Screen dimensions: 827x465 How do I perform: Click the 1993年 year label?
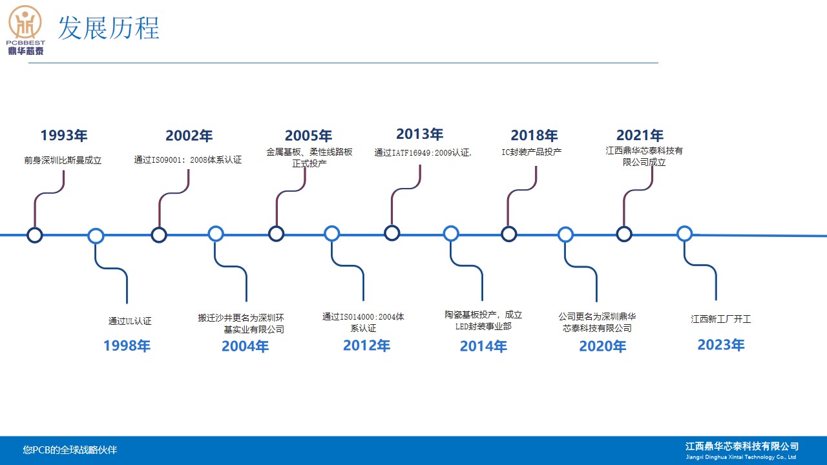coord(64,136)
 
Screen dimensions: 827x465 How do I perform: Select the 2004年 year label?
coord(245,346)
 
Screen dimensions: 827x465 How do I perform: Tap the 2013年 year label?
coord(420,134)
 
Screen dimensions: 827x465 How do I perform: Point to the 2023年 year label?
coord(721,345)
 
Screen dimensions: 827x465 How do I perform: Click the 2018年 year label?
coord(534,136)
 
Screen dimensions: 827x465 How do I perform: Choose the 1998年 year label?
coord(127,346)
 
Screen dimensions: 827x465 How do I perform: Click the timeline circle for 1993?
coord(35,235)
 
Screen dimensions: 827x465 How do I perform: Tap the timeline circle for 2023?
coord(684,234)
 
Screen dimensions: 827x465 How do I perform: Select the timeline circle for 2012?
coord(332,234)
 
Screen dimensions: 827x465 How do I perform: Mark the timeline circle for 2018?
coord(508,234)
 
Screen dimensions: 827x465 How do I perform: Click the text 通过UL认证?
coord(130,321)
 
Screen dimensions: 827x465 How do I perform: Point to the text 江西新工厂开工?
coord(720,319)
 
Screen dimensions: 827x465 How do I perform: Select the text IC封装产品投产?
coord(531,152)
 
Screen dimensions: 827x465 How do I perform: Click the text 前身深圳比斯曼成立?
coord(63,160)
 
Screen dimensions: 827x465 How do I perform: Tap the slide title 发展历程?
coord(109,28)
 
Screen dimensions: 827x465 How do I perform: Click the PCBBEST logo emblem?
coord(25,22)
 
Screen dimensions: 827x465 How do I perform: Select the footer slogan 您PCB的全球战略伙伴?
coord(70,450)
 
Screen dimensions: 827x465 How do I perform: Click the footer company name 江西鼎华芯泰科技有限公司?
coord(742,446)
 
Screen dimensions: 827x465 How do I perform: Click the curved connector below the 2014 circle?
coord(466,265)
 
